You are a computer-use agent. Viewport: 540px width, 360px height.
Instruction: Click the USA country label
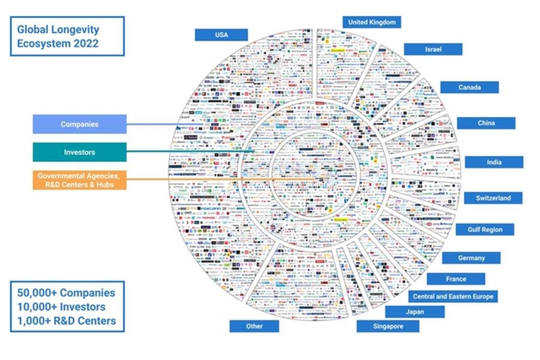point(221,35)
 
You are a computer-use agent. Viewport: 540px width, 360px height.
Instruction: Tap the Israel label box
point(432,50)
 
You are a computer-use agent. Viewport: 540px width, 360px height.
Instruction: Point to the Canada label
point(469,87)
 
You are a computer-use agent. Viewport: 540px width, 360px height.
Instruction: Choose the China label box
point(485,123)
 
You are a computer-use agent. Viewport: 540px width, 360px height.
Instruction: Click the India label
point(493,162)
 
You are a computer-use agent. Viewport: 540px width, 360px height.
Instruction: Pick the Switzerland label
point(493,198)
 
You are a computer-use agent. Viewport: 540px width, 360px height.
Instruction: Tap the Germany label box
point(471,258)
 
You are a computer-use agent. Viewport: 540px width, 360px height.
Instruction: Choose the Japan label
point(413,312)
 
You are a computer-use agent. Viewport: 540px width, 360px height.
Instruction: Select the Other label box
point(255,326)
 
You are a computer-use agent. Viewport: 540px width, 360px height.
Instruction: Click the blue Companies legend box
point(79,124)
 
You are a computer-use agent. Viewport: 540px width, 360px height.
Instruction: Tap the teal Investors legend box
point(79,152)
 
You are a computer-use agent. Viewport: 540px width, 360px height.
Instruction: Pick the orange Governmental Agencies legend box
point(79,180)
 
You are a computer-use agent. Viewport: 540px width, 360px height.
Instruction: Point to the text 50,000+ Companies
point(65,293)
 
